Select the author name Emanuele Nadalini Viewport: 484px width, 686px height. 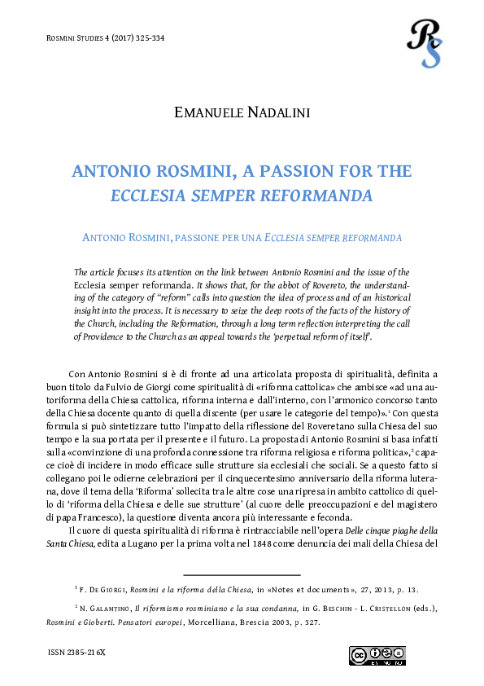[x=242, y=112]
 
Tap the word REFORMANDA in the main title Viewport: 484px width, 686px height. [x=322, y=196]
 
